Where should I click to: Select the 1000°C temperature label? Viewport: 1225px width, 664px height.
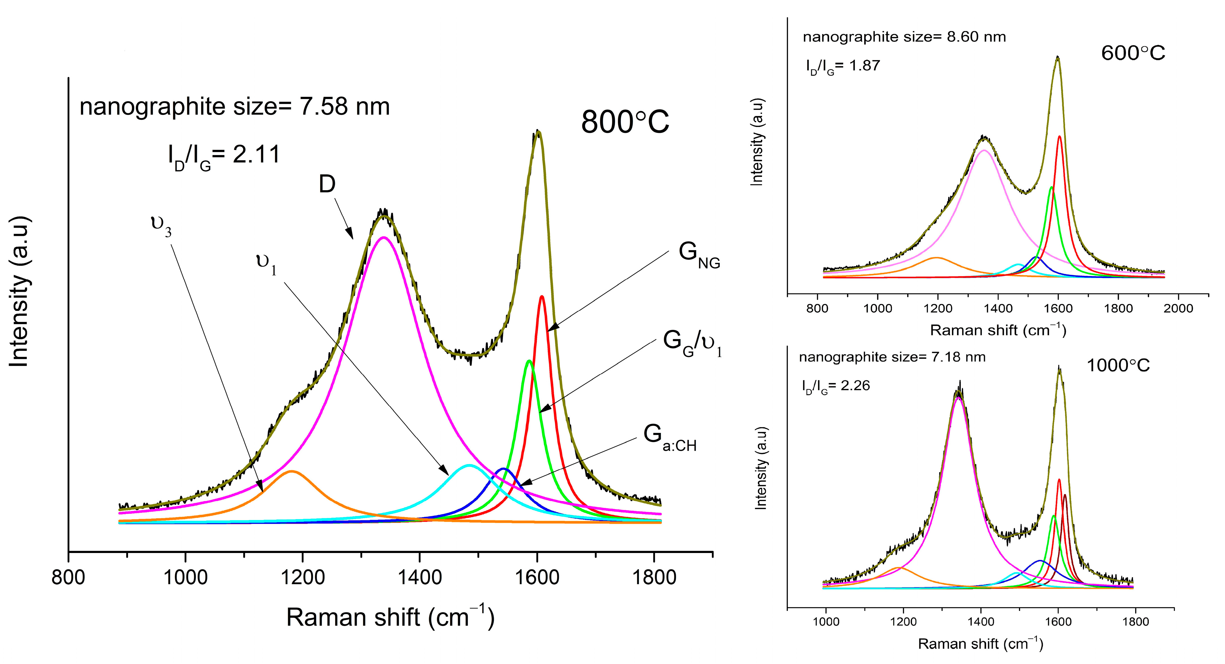pos(1118,366)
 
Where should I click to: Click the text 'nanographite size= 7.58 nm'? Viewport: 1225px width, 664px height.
pos(234,106)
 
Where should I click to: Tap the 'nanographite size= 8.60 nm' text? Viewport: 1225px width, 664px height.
pos(904,37)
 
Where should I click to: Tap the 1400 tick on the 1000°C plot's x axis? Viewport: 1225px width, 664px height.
pos(981,621)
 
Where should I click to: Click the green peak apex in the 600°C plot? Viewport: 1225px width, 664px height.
pos(1051,187)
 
